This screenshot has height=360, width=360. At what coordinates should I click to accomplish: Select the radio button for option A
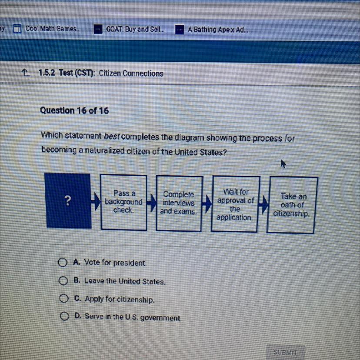[x=63, y=262]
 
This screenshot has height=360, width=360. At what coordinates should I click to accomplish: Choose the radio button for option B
[x=63, y=280]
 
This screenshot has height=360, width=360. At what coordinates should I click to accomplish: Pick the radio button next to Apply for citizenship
[x=64, y=298]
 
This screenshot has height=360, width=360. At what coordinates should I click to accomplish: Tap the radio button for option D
[x=64, y=316]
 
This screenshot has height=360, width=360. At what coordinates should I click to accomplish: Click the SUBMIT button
[x=286, y=352]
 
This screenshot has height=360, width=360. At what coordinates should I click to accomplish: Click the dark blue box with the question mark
[x=68, y=200]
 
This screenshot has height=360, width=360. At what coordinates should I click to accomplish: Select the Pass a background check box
[x=123, y=202]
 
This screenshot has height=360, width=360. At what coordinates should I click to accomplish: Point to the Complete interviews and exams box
[x=179, y=203]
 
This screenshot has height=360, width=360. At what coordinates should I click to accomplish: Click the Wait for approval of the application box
[x=235, y=204]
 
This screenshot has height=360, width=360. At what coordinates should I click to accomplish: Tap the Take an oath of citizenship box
[x=292, y=205]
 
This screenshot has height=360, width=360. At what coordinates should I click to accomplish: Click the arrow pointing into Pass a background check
[x=96, y=202]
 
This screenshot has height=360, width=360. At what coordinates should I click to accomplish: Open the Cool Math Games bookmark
[x=47, y=29]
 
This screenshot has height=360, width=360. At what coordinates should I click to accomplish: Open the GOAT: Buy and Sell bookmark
[x=129, y=29]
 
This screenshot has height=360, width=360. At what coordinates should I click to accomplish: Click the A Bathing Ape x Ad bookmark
[x=211, y=30]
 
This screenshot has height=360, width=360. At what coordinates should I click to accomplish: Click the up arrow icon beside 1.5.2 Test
[x=26, y=73]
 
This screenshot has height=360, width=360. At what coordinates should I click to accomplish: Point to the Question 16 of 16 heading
[x=74, y=110]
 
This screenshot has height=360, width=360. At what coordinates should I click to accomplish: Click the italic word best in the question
[x=112, y=137]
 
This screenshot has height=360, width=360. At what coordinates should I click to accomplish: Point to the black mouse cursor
[x=283, y=164]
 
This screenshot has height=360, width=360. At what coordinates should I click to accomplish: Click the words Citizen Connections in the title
[x=131, y=73]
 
